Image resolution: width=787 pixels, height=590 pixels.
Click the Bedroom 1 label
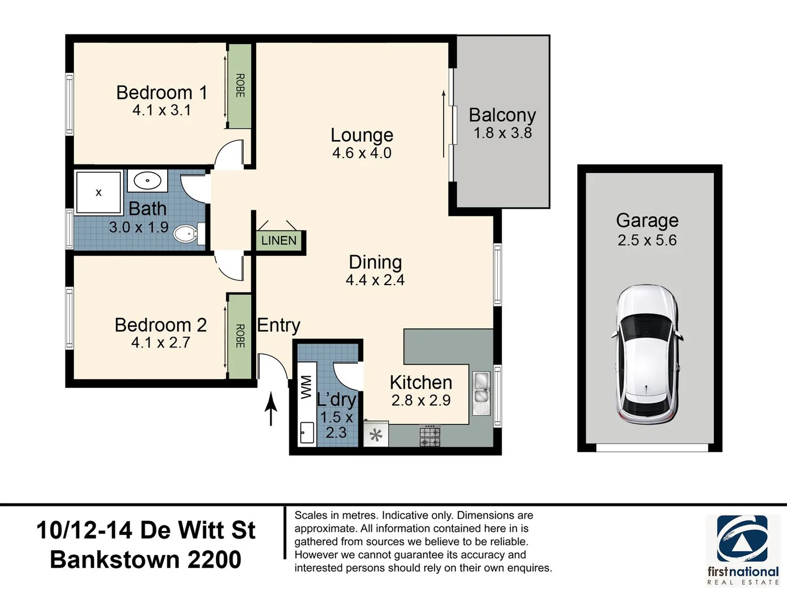coord(162,93)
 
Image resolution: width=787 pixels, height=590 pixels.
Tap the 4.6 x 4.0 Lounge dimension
coord(362,153)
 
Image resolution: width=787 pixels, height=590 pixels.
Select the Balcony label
coord(502,115)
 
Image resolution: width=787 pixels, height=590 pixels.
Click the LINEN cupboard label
coord(279,240)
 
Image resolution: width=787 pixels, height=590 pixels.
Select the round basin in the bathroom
coord(148,180)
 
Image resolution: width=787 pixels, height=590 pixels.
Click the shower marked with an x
coord(98,193)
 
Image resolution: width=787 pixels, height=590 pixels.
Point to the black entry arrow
coord(271,408)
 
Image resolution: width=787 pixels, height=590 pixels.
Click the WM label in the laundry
coord(306,387)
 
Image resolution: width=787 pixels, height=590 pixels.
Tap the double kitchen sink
coord(481,393)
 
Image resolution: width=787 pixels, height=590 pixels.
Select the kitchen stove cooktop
coord(430,436)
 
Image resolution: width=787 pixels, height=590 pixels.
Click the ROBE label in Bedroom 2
coord(240,336)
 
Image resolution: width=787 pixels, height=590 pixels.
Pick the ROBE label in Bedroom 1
coord(240,86)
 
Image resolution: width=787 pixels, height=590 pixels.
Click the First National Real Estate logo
coord(743,550)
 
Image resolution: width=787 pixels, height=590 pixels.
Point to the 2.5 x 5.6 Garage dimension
coord(647,240)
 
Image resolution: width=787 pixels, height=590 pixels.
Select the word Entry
coord(279,326)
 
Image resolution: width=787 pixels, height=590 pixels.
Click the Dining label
coord(375,262)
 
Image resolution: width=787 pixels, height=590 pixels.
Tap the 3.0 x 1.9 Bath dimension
coord(139,227)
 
